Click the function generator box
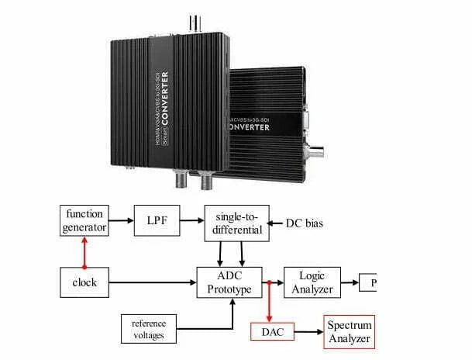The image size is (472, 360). (x=84, y=220)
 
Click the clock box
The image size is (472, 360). (x=84, y=282)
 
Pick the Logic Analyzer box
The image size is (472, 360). (x=313, y=282)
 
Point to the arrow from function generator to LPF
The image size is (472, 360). (x=121, y=220)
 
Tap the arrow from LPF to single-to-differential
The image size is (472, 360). (x=193, y=220)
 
